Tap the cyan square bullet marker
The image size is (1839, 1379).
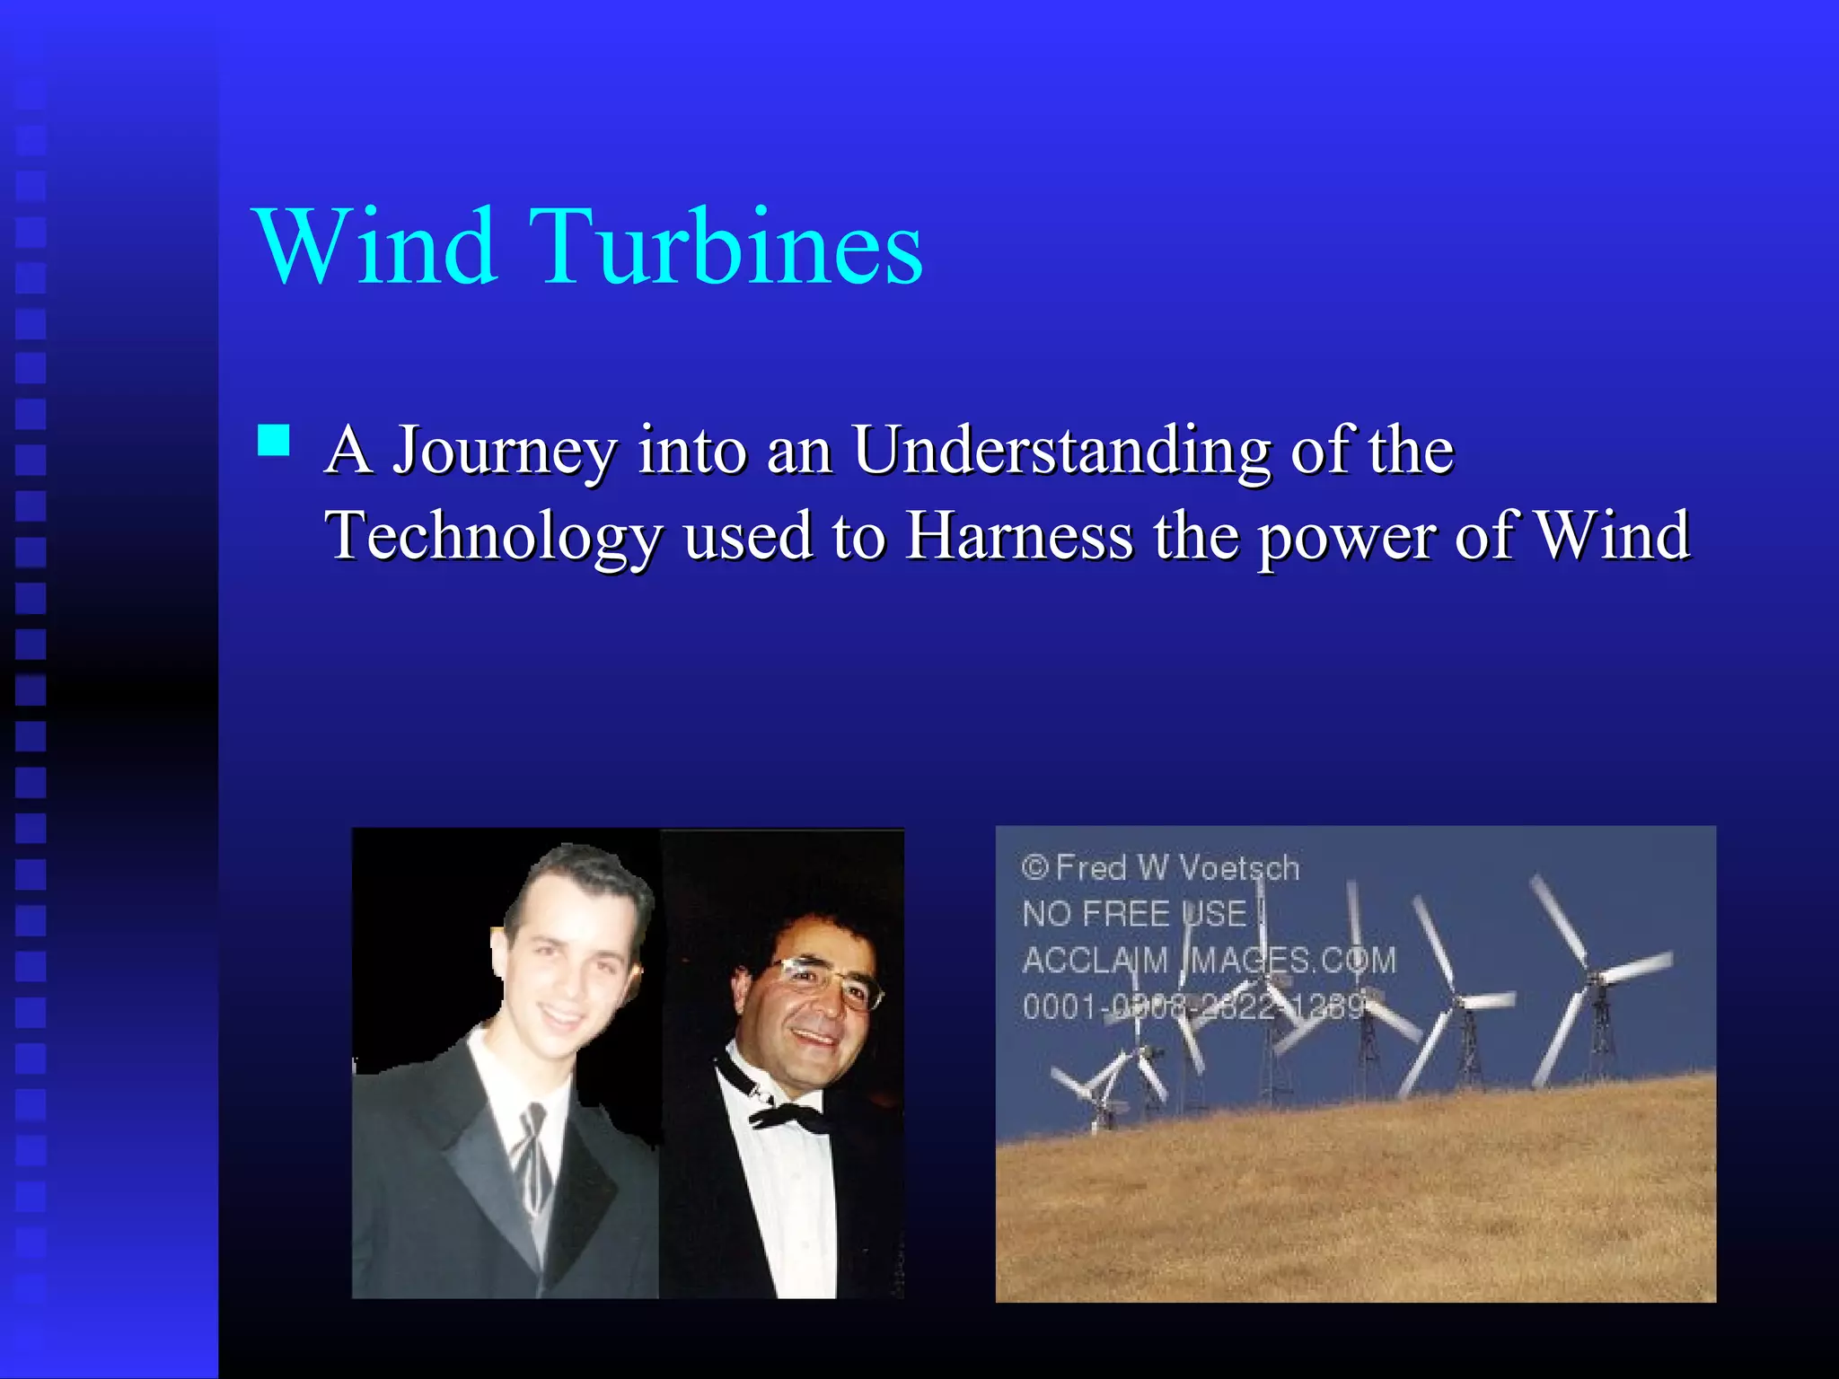pyautogui.click(x=273, y=441)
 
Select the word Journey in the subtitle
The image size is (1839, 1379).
pyautogui.click(x=506, y=451)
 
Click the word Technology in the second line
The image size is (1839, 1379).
pyautogui.click(x=493, y=536)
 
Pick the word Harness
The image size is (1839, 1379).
pyautogui.click(x=1019, y=535)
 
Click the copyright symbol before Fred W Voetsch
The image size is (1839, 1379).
pyautogui.click(x=1034, y=867)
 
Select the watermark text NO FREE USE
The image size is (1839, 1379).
pyautogui.click(x=1137, y=914)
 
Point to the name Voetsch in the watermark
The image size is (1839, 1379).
pyautogui.click(x=1238, y=868)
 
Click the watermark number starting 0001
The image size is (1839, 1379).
pyautogui.click(x=1194, y=1006)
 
